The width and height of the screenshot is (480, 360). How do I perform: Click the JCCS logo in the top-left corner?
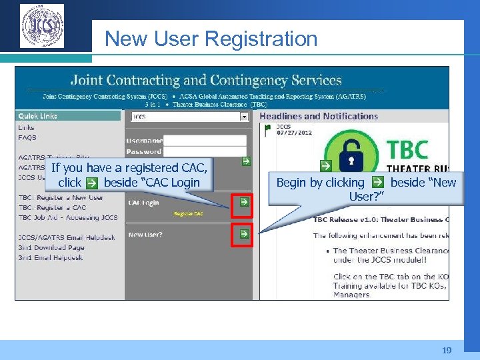pos(42,26)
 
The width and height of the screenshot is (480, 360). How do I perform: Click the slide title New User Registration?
pos(211,39)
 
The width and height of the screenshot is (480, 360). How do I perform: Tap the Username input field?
pos(205,141)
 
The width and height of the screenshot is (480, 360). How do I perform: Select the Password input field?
pos(205,151)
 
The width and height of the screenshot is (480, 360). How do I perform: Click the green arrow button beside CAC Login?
pos(244,201)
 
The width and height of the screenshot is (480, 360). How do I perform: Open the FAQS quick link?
pos(27,138)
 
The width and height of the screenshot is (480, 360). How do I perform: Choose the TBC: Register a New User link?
pos(61,197)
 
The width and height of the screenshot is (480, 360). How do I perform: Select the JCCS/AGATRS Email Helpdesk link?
pos(67,237)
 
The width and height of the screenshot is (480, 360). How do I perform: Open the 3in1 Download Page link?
pos(51,247)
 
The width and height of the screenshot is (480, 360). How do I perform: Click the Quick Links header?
pos(38,116)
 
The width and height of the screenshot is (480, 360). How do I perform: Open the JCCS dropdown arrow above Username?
pos(244,117)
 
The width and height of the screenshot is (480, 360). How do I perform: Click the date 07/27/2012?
pos(294,132)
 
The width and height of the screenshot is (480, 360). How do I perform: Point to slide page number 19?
pos(446,350)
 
